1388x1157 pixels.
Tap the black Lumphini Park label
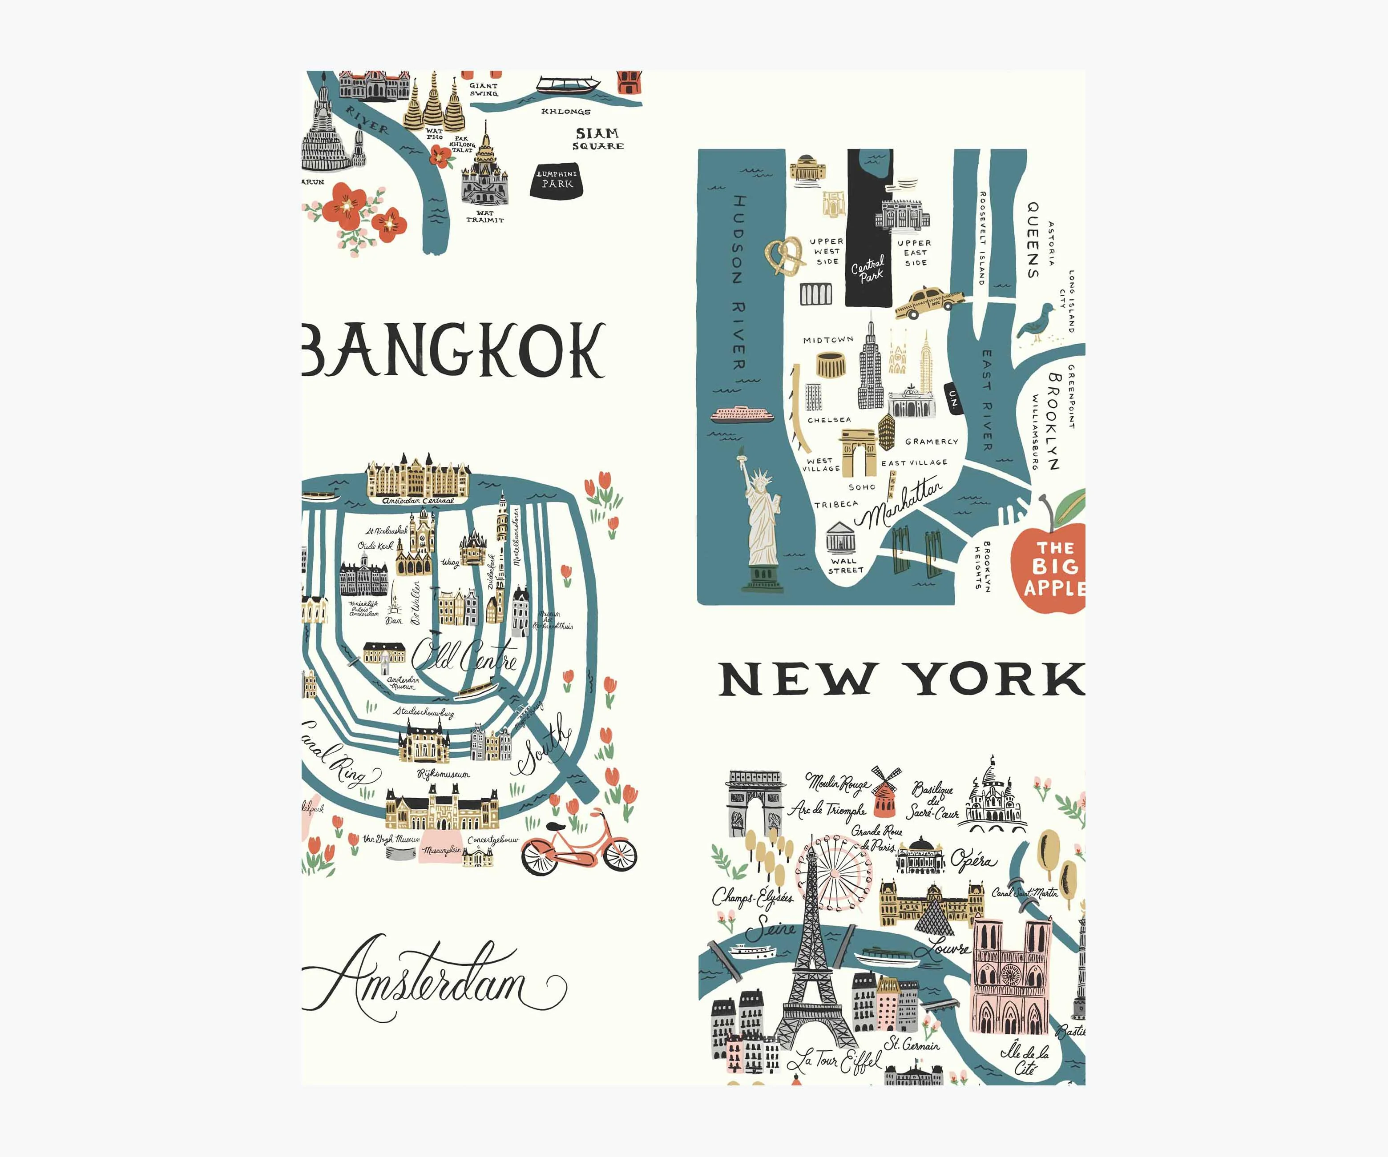tap(557, 179)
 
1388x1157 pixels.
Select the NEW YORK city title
tap(902, 679)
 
